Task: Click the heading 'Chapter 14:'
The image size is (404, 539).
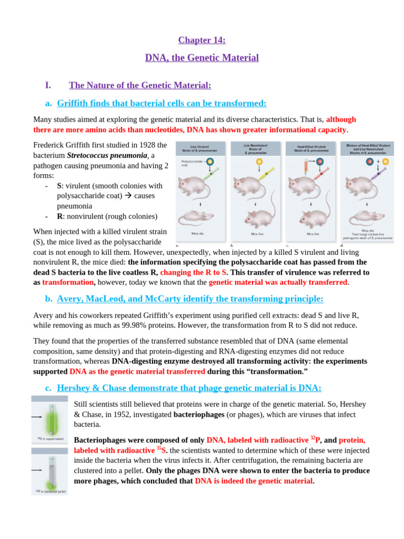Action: coord(201,40)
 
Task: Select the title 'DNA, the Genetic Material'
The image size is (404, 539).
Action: coord(201,57)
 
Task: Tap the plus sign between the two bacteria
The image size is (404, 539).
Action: coord(378,147)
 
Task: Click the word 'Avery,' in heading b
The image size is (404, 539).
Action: coord(72,299)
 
